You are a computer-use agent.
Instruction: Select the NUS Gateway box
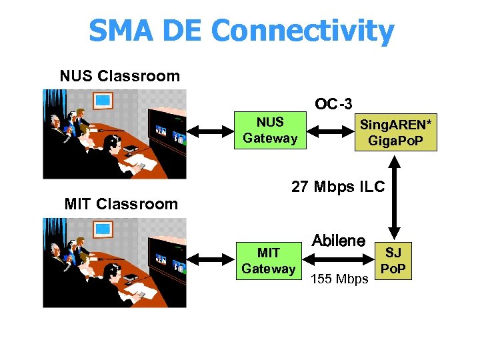click(x=270, y=130)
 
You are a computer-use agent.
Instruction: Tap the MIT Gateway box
click(x=269, y=261)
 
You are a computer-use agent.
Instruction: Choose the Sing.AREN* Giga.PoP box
click(x=395, y=132)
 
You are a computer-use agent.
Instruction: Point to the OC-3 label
click(x=333, y=103)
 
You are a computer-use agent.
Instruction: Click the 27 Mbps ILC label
click(x=338, y=187)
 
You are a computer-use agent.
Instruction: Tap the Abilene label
click(x=339, y=241)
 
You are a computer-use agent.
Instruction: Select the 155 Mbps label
click(x=339, y=279)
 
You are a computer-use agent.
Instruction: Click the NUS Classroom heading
click(x=119, y=76)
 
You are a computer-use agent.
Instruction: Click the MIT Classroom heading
click(x=121, y=204)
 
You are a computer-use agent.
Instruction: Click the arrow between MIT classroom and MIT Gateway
click(x=210, y=261)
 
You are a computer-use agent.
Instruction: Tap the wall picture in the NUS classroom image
click(x=103, y=101)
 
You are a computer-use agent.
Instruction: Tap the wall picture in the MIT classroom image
click(x=103, y=230)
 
